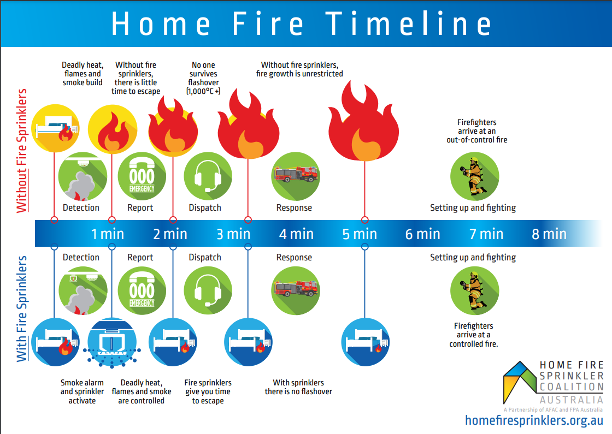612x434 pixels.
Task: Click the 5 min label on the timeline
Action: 360,234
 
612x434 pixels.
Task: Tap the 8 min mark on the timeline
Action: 549,234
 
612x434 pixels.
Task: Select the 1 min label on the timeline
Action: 107,234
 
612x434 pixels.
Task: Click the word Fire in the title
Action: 268,24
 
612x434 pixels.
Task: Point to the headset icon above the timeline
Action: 208,176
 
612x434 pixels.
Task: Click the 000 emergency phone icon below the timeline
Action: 142,290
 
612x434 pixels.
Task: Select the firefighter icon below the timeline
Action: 474,290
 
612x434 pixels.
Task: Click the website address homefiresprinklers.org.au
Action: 534,420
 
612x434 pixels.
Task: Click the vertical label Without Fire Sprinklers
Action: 22,151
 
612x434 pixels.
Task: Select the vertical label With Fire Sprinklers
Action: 22,309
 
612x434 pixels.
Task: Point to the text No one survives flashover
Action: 203,78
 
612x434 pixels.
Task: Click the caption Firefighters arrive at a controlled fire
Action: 473,335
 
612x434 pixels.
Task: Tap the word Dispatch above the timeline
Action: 205,208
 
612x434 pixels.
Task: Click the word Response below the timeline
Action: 294,257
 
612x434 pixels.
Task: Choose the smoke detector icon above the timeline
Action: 83,176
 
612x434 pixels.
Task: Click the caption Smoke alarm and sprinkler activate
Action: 82,391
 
